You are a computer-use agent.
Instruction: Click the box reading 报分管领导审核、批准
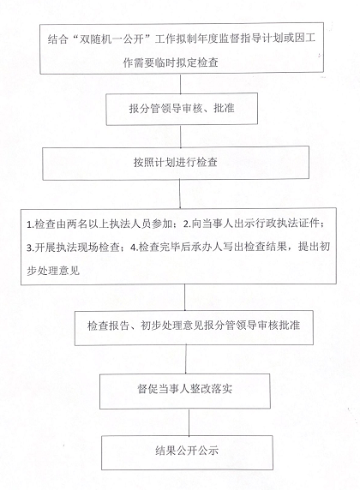[x=182, y=109]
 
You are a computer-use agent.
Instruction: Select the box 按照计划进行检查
[x=176, y=163]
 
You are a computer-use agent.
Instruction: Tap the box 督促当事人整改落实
[x=185, y=391]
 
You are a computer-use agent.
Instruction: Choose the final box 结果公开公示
[x=187, y=452]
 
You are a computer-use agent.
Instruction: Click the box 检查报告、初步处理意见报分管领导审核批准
[x=194, y=327]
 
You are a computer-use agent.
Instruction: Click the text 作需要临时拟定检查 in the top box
[x=171, y=63]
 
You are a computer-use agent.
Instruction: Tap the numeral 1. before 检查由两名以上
[x=30, y=224]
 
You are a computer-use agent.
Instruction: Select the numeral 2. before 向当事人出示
[x=187, y=224]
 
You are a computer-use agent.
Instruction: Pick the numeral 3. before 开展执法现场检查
[x=30, y=248]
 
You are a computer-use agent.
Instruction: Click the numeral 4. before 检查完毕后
[x=135, y=248]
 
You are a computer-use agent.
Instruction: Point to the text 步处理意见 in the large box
[x=53, y=271]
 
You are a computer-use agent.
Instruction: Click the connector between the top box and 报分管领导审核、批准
[x=181, y=83]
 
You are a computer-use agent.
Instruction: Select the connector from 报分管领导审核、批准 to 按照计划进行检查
[x=181, y=136]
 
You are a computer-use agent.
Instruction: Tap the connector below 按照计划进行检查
[x=180, y=194]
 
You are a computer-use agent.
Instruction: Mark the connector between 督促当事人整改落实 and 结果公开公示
[x=189, y=422]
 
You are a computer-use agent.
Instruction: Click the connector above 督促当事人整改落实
[x=186, y=360]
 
